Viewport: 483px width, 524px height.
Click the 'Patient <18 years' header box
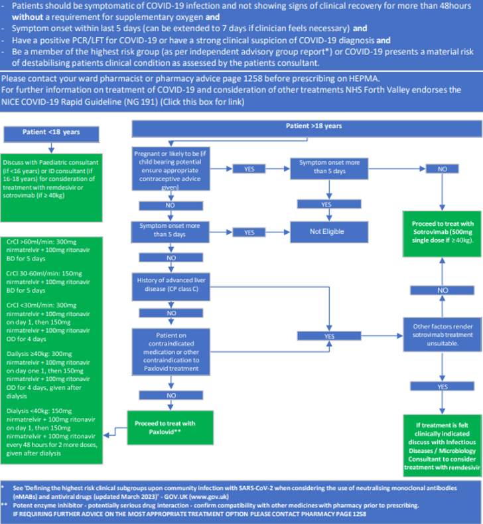tap(51, 132)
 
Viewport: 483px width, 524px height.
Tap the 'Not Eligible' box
tap(326, 232)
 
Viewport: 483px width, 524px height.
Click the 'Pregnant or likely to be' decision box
tap(171, 169)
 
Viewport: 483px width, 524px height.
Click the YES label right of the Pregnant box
tap(249, 169)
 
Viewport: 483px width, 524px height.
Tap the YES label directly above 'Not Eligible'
tap(326, 205)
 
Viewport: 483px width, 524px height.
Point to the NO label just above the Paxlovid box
tap(171, 395)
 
